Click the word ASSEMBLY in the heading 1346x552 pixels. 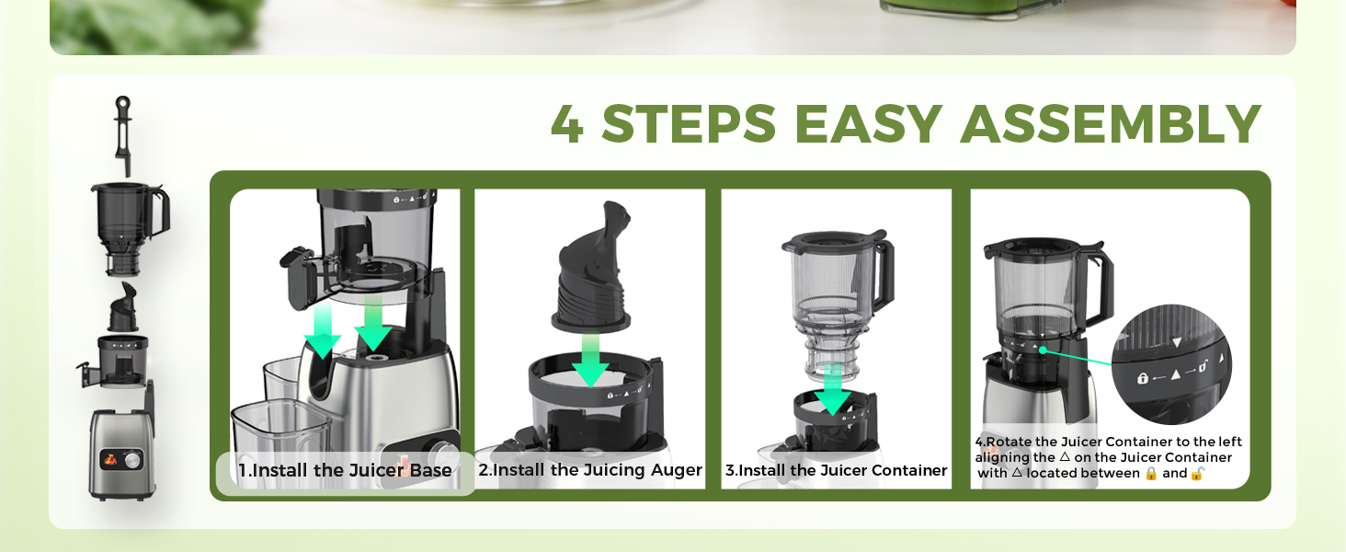coord(1111,124)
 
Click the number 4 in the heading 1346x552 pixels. coord(566,124)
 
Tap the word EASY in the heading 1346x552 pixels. coord(868,124)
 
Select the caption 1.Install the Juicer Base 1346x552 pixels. coord(345,470)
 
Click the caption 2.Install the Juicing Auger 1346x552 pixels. coord(590,469)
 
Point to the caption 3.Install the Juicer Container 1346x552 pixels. coord(836,470)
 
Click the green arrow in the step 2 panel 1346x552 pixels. coord(590,360)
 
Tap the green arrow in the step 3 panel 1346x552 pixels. coord(832,388)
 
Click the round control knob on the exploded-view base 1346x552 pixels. coord(134,461)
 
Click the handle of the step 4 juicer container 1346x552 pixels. coord(1101,286)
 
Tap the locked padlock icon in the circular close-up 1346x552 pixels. coord(1142,377)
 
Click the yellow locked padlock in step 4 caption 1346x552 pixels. coord(1151,473)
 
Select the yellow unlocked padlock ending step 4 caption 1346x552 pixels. coord(1197,473)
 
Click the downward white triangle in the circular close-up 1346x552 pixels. coord(1177,343)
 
